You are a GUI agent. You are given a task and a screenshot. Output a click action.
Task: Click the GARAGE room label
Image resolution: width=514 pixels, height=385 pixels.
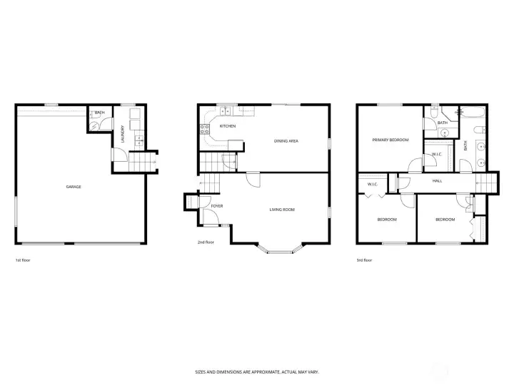(x=74, y=187)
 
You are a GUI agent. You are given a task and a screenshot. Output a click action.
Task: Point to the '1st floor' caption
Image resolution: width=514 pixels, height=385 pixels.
(x=23, y=260)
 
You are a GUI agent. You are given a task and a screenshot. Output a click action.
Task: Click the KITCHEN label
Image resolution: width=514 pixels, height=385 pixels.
(x=228, y=126)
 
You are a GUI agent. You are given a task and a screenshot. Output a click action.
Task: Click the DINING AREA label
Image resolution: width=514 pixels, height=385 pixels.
(x=286, y=141)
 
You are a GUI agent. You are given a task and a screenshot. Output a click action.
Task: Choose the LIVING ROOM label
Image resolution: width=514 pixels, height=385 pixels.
(x=282, y=210)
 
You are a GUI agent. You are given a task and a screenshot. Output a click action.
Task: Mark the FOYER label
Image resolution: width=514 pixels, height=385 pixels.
(x=217, y=206)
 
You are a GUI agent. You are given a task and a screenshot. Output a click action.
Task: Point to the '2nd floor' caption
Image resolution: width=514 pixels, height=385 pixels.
(x=206, y=242)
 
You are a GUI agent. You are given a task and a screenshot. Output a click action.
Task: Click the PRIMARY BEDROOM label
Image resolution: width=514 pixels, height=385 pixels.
(x=390, y=140)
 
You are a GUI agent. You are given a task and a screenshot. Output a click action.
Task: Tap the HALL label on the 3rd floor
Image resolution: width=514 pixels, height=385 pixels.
(x=436, y=180)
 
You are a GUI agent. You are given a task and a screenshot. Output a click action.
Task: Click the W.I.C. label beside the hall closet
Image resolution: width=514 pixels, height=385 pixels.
(x=372, y=184)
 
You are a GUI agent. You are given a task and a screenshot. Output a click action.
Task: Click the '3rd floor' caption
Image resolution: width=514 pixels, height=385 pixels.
(x=364, y=260)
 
